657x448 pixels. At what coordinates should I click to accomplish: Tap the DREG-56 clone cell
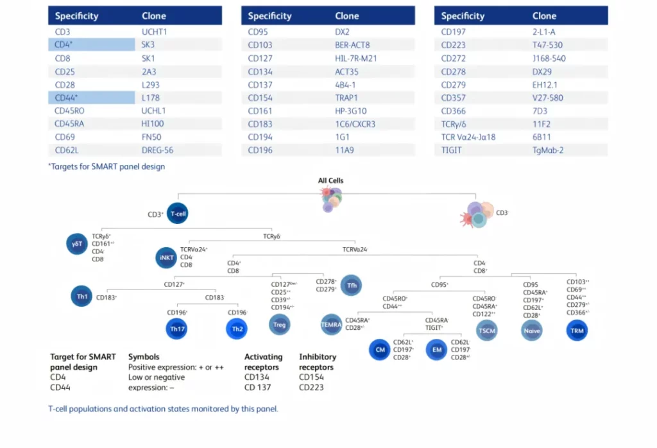coord(157,151)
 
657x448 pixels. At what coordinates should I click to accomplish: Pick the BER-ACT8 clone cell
coord(352,45)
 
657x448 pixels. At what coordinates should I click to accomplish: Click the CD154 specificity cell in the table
coord(260,98)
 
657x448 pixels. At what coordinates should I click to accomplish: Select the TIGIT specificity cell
coord(452,151)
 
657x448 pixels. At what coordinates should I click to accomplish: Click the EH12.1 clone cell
coord(545,84)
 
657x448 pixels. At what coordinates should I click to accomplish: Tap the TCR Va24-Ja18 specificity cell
coord(468,137)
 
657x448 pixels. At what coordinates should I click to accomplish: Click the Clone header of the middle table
coord(347,15)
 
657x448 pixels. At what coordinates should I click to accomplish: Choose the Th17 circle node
coord(177,329)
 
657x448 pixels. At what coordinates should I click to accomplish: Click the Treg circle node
coord(279,324)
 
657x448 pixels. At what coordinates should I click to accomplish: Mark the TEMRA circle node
coord(331,325)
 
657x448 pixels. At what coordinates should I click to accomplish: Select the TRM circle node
coord(577,330)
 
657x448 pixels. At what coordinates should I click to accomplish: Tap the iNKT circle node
coord(166,257)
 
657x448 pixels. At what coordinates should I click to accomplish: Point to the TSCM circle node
coord(486,330)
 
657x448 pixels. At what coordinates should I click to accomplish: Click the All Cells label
coord(330,180)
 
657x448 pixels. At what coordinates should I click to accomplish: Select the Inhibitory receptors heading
coord(316,362)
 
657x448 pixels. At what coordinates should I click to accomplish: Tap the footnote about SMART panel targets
coord(107,167)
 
